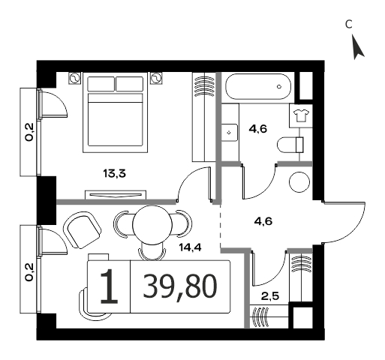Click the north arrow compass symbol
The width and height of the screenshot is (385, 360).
coord(357,47)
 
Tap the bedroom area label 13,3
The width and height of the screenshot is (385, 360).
coord(114,173)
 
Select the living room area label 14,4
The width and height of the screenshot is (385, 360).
coord(190,247)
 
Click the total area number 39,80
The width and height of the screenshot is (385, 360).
coord(180,286)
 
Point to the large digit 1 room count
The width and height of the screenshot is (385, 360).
coord(109,286)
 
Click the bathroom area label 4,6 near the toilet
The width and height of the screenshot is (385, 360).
coord(258,129)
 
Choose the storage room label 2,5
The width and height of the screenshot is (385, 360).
coord(270,297)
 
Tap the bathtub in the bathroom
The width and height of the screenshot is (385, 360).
coord(258,87)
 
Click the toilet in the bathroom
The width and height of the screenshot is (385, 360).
coord(290,145)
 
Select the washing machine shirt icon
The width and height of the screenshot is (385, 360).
coord(301,115)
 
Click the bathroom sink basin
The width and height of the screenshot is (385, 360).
coord(230,133)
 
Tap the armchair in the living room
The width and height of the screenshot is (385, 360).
coord(82,230)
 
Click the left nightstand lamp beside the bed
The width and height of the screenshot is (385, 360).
coord(75,79)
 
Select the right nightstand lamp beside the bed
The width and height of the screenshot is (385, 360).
coord(156,79)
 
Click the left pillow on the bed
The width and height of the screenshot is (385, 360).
coord(101,84)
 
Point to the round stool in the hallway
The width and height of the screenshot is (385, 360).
coord(299,182)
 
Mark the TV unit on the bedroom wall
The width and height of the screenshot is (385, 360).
coord(116,195)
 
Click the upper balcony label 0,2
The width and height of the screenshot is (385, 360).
coord(29,133)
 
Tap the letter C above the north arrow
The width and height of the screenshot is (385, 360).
coord(349,24)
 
